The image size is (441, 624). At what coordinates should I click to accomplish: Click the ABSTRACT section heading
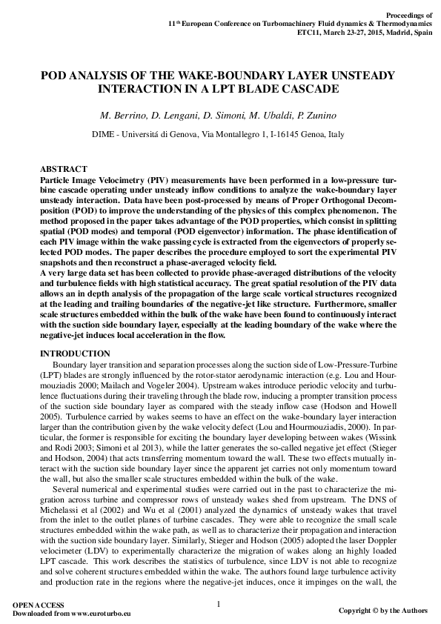coord(63,170)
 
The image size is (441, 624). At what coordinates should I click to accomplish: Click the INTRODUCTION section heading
coord(75,354)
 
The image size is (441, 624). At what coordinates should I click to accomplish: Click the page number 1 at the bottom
coord(219,604)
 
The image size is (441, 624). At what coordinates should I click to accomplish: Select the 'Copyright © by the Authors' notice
coord(382,611)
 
